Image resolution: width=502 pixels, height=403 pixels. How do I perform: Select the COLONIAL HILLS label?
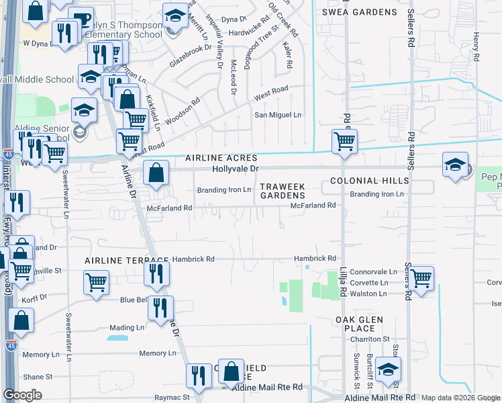(369, 181)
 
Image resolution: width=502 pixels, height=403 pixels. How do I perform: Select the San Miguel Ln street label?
(277, 115)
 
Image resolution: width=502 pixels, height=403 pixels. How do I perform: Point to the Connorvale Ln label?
(373, 272)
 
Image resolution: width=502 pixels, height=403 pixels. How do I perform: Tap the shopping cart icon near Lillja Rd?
(344, 142)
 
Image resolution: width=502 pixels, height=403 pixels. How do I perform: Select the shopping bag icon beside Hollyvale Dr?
(156, 173)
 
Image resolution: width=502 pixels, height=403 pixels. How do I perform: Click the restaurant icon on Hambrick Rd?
(156, 273)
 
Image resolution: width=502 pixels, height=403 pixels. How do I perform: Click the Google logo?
(23, 395)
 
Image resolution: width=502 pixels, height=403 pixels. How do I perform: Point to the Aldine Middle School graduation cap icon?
(89, 77)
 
